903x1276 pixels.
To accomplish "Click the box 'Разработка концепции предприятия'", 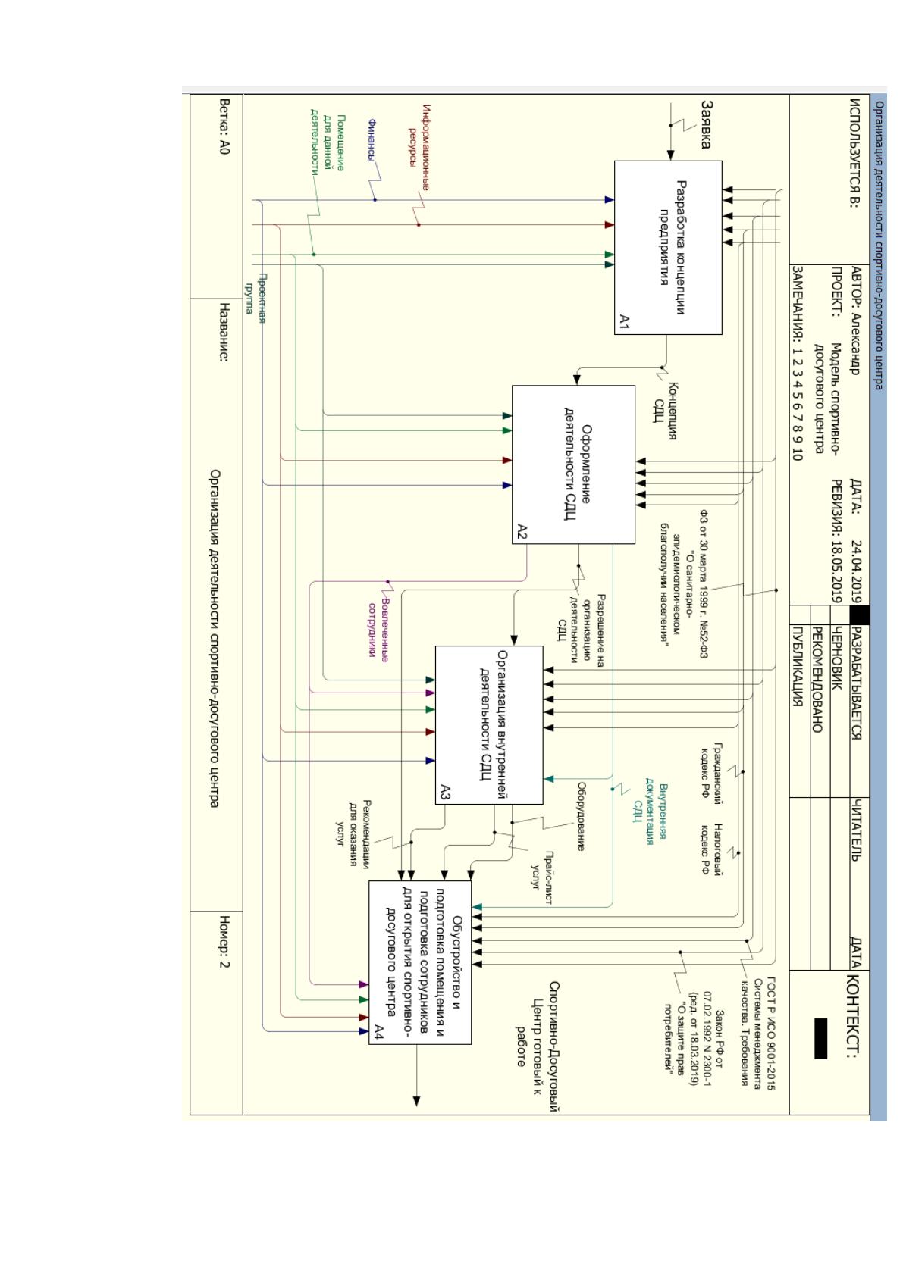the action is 667,247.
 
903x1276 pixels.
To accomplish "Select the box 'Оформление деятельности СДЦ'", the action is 573,464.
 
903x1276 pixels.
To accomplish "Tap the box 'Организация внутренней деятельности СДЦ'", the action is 488,724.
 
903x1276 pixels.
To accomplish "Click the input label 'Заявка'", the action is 706,124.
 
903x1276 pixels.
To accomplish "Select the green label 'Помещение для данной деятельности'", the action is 328,142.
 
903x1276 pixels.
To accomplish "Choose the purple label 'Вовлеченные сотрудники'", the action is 378,630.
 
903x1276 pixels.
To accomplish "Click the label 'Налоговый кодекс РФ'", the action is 711,849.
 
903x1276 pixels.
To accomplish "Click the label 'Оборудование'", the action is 581,816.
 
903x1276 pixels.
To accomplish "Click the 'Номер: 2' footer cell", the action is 224,942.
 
